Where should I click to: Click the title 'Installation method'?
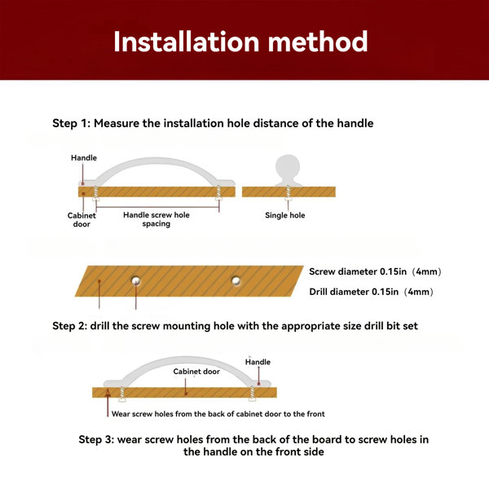click(x=240, y=42)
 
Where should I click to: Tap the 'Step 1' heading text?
click(x=213, y=123)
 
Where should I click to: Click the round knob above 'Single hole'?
click(x=288, y=170)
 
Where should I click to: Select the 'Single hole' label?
click(x=284, y=215)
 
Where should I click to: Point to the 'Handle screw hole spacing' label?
click(x=156, y=219)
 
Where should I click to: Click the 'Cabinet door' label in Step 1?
click(x=81, y=220)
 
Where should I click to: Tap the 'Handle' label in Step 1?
click(x=84, y=158)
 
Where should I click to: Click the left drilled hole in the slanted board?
click(x=135, y=280)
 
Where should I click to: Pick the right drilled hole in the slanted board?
click(x=236, y=280)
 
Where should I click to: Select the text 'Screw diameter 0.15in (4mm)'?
click(x=375, y=271)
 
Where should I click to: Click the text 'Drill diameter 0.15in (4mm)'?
click(x=371, y=292)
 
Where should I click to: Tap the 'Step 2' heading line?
click(x=235, y=326)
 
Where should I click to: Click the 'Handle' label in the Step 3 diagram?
click(x=258, y=362)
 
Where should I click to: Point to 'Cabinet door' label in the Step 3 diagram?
click(x=196, y=372)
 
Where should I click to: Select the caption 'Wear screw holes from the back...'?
click(x=218, y=414)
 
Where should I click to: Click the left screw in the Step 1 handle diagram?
click(x=96, y=193)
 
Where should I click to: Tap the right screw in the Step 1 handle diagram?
click(x=218, y=192)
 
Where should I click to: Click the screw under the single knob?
click(x=288, y=192)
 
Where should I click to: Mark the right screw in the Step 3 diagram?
click(x=252, y=394)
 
